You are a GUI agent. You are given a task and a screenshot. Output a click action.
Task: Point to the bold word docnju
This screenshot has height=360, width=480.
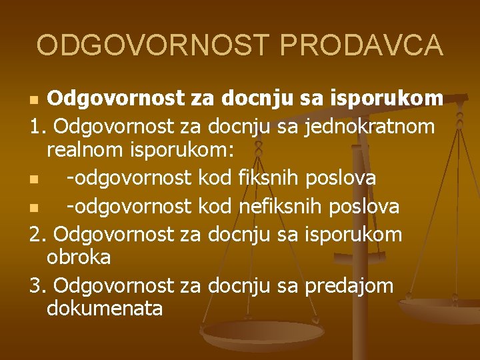[257, 99]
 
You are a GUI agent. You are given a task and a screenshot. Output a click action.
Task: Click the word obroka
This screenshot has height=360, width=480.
[79, 257]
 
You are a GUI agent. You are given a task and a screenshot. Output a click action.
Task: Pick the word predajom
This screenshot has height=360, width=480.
[349, 285]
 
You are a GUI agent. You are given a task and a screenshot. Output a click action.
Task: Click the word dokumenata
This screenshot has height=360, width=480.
[105, 309]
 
